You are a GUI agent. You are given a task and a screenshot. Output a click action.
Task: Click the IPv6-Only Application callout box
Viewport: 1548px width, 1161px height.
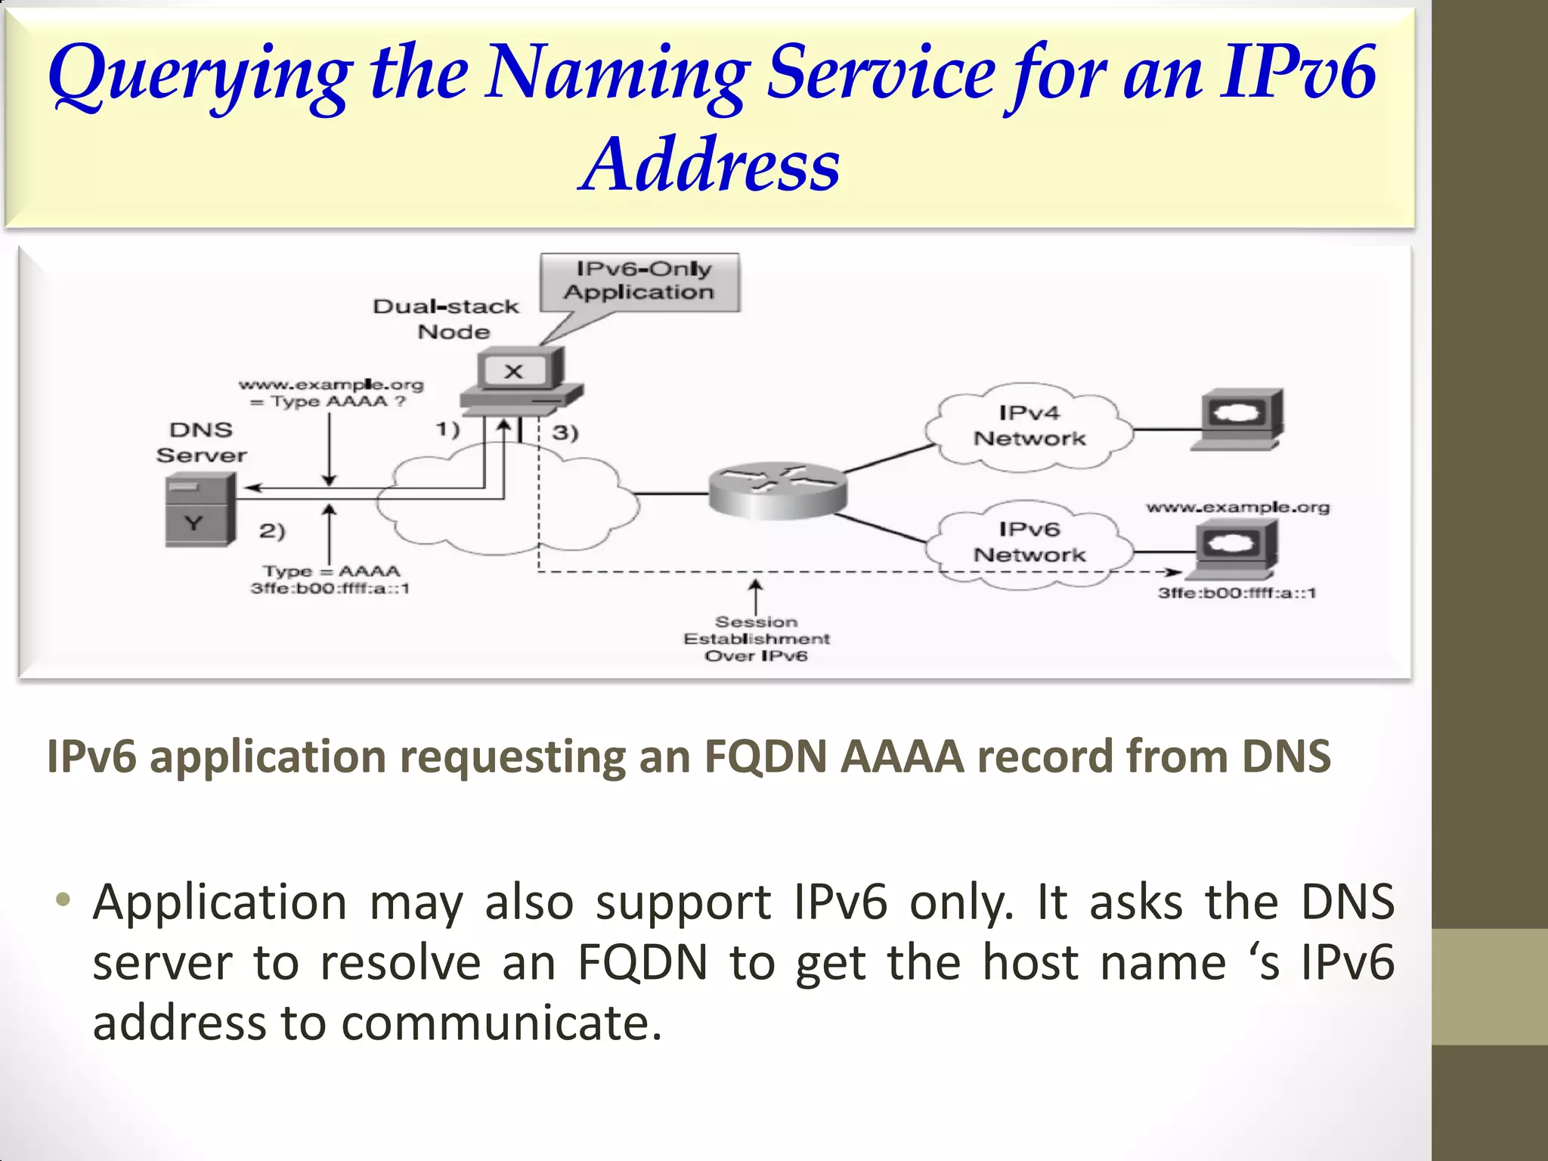(639, 281)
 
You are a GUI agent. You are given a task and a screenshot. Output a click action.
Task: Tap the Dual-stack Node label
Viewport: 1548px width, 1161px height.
(447, 318)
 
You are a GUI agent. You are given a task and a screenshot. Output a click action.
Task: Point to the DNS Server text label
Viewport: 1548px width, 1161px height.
(201, 442)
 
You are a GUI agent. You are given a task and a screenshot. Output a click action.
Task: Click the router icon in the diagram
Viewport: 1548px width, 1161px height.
(777, 490)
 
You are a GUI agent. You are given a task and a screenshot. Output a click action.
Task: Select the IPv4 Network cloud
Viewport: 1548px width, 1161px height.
(1029, 427)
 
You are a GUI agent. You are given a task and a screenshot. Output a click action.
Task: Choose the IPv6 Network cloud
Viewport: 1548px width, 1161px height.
(1029, 543)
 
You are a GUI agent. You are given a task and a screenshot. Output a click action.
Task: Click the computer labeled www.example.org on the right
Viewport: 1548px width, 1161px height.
(1237, 548)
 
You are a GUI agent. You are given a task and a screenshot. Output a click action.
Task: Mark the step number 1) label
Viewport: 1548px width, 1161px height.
(447, 429)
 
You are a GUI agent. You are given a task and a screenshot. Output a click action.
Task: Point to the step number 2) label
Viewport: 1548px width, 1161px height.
(272, 531)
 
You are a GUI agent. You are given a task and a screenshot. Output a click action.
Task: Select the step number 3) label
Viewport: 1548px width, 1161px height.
(565, 432)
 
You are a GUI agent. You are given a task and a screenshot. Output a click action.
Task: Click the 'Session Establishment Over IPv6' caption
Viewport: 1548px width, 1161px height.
(756, 639)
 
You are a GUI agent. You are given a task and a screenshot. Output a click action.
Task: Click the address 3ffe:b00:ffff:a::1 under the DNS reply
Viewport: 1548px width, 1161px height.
(330, 588)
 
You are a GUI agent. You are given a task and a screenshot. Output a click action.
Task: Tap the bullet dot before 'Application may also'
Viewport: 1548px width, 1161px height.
(63, 900)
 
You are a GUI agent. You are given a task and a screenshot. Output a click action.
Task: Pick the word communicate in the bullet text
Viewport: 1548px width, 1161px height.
(501, 1023)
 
